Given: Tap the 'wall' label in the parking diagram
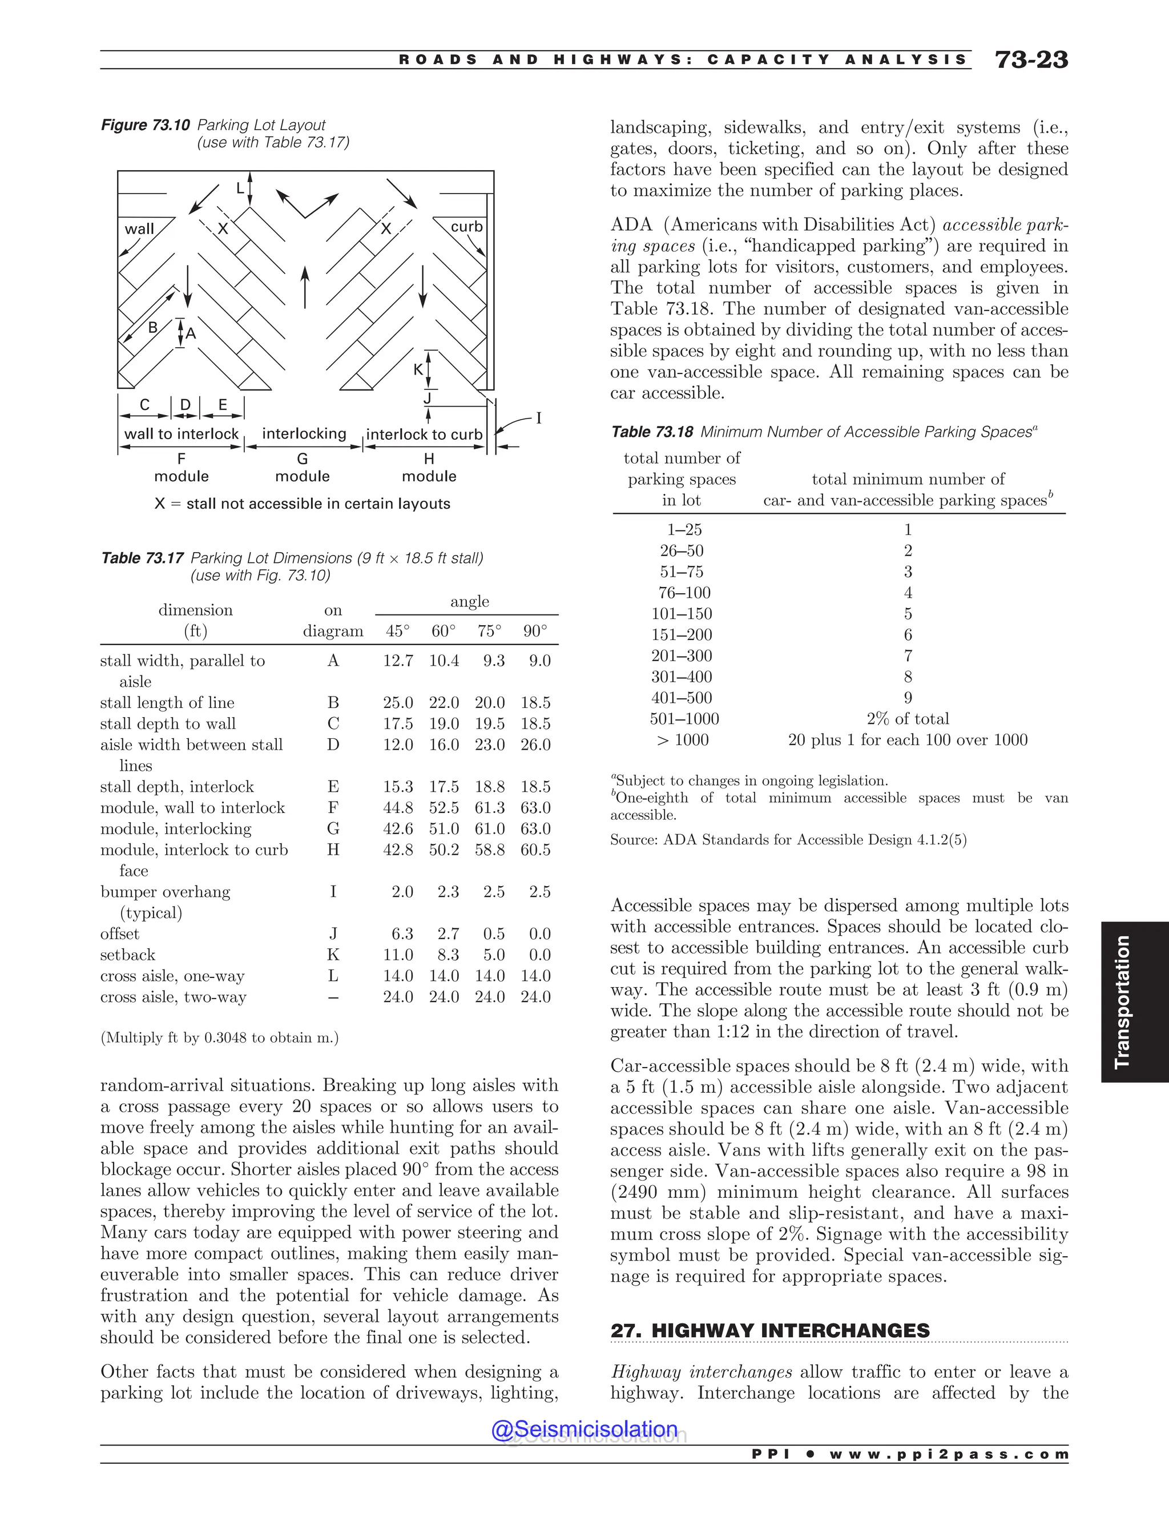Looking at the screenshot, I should [139, 228].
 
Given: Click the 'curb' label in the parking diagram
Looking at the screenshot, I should [466, 227].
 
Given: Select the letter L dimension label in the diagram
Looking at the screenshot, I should [240, 188].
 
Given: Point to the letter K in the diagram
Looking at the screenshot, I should [418, 370].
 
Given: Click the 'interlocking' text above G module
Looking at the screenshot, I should [304, 434].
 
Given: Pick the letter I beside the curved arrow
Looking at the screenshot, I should [539, 419].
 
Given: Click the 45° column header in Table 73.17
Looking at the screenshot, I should [397, 631].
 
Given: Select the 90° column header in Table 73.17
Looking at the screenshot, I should [535, 631].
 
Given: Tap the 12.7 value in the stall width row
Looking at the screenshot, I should [397, 661].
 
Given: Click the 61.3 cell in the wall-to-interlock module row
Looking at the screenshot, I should [490, 808].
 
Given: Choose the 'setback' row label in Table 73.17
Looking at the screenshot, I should [127, 955].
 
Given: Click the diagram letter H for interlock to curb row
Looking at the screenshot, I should [333, 850].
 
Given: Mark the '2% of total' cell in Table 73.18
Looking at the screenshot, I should [907, 719].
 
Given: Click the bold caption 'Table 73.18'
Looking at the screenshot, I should [652, 432].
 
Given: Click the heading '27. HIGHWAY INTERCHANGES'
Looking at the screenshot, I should [770, 1331].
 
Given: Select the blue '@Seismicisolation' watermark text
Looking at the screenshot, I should [584, 1429].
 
